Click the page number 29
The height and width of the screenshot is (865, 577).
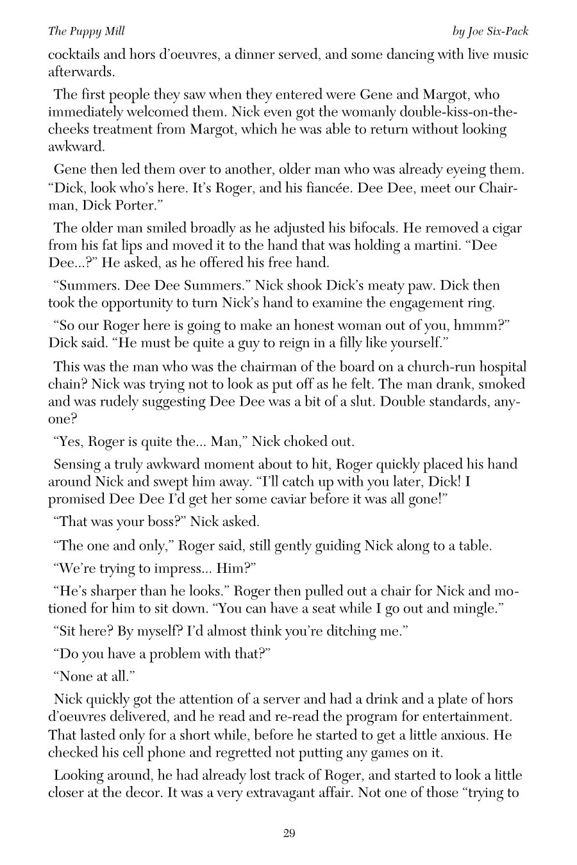click(x=288, y=833)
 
